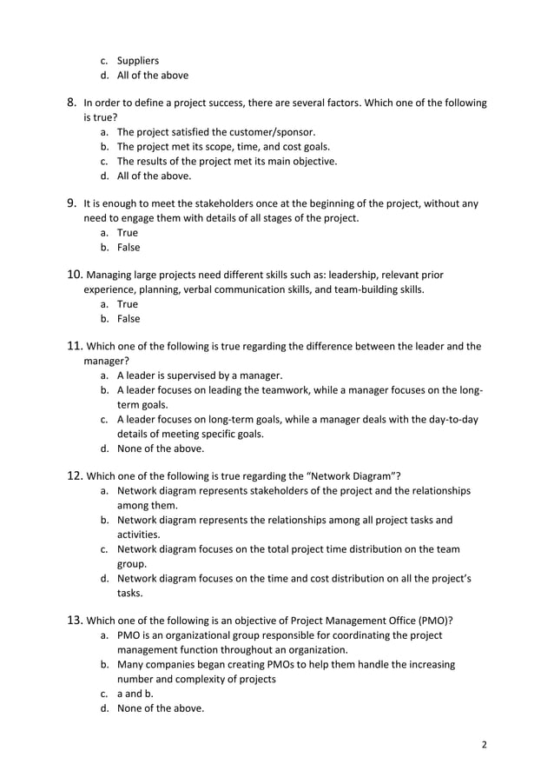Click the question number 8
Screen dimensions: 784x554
73,103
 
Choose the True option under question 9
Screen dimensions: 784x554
128,233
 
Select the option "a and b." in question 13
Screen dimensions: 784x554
135,694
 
